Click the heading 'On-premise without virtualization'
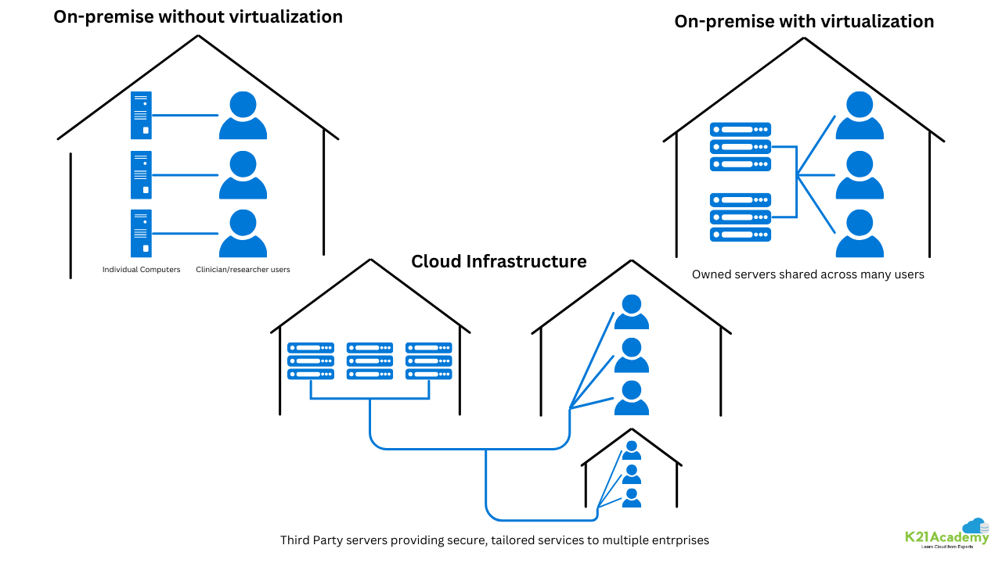[x=197, y=16]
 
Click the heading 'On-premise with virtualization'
[x=804, y=22]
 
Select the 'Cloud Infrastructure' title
[x=499, y=261]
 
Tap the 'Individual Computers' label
[x=141, y=270]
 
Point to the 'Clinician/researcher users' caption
[x=243, y=270]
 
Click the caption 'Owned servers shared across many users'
[x=808, y=274]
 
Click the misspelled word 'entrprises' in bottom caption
[x=680, y=540]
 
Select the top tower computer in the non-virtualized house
[x=141, y=115]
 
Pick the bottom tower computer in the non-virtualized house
[x=141, y=233]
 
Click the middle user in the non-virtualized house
[x=243, y=175]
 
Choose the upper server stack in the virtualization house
[x=741, y=146]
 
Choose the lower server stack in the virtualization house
[x=741, y=217]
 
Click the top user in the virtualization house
[x=860, y=116]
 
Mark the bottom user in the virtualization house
[x=860, y=234]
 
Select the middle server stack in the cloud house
[x=369, y=360]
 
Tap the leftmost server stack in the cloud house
[x=311, y=360]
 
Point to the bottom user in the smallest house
[x=631, y=497]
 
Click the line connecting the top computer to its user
[x=185, y=115]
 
